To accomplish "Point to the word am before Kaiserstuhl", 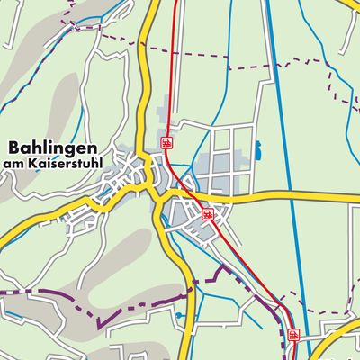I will (x=14, y=164).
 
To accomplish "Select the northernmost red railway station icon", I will (x=166, y=142).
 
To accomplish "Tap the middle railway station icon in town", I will (x=207, y=214).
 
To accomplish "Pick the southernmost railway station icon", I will (x=293, y=335).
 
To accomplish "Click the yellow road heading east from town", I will (x=288, y=194).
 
